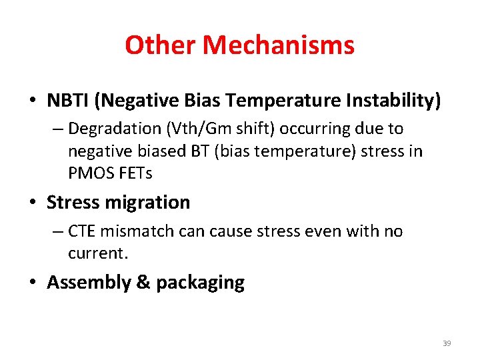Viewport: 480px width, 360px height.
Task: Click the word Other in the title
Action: [x=161, y=45]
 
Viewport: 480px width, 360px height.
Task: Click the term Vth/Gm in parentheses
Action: [x=198, y=128]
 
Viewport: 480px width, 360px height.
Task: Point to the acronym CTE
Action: [x=81, y=231]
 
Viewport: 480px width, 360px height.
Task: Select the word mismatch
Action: [x=137, y=231]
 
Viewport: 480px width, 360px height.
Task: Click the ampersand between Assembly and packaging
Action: [x=143, y=283]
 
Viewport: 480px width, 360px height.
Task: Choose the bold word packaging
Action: [x=200, y=283]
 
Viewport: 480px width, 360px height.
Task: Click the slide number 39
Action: [x=447, y=343]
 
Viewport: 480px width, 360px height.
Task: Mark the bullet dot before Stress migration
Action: [x=33, y=203]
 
